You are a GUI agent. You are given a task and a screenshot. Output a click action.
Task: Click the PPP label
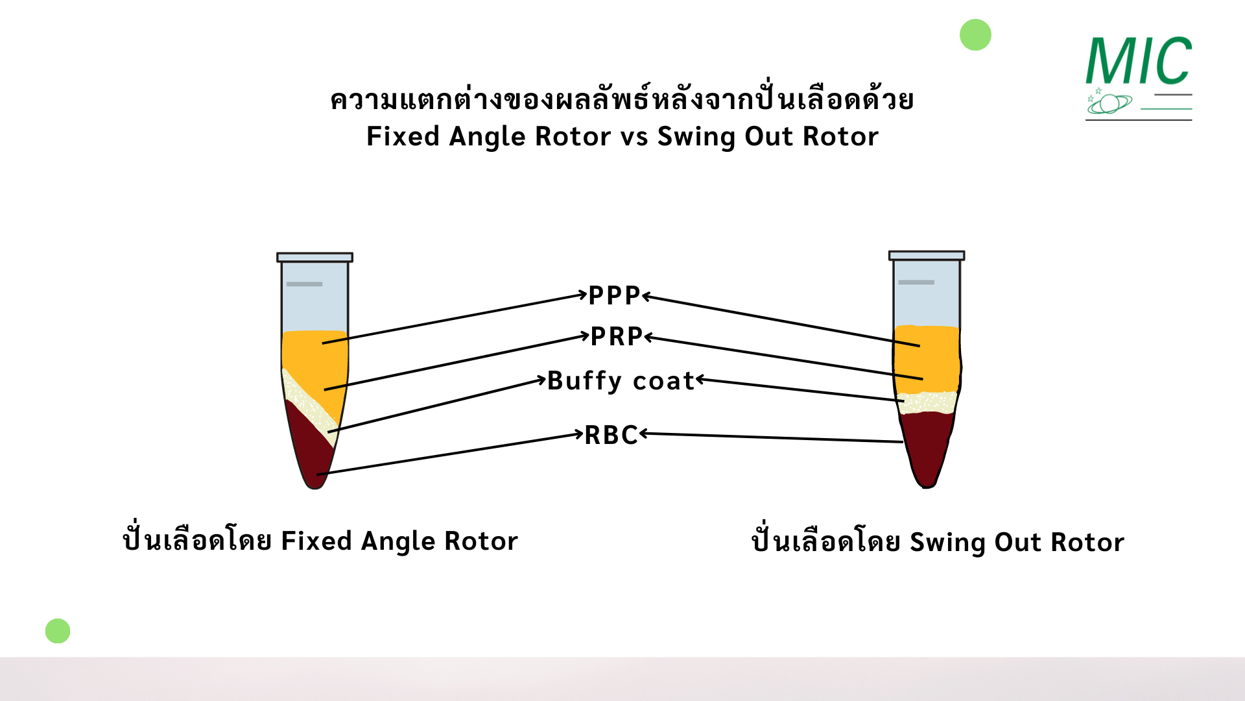pos(614,295)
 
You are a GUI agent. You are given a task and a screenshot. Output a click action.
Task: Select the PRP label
pos(616,336)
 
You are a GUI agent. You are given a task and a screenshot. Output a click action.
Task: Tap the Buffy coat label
pos(621,380)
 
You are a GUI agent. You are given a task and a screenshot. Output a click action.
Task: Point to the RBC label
pos(611,435)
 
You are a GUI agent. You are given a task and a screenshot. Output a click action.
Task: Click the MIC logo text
pos(1139,62)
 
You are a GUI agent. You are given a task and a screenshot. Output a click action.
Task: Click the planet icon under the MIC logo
pos(1111,103)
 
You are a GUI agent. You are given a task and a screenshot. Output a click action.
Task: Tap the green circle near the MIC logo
pos(975,35)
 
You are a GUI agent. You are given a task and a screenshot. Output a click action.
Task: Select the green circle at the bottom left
pos(58,631)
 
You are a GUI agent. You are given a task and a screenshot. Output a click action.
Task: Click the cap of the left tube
pos(314,257)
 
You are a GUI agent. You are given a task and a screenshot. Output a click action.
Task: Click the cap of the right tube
pos(926,256)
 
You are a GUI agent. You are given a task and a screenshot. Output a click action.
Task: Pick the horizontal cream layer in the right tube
pos(927,402)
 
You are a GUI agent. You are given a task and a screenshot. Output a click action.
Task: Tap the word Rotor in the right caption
pos(1087,542)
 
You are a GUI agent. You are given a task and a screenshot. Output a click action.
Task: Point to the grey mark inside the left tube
pos(304,284)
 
